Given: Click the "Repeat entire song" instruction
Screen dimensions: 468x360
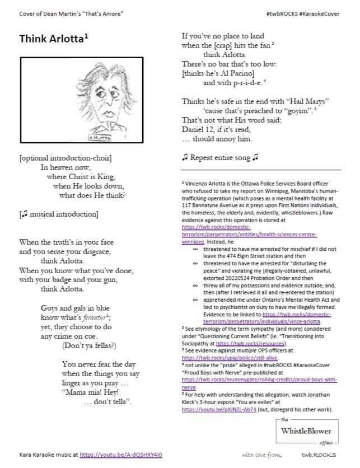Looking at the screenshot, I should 219,157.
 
